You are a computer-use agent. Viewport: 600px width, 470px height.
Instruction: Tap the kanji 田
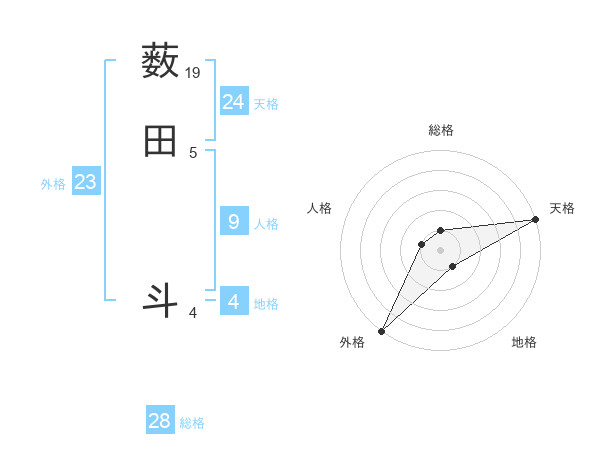click(161, 142)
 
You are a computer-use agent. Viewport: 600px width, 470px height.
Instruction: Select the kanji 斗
click(161, 301)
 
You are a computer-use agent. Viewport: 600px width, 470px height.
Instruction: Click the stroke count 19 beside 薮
click(194, 73)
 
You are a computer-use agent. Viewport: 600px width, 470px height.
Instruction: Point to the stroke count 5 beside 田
click(193, 153)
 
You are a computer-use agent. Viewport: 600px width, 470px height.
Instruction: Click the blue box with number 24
click(234, 102)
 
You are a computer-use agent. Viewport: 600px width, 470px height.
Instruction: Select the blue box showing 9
click(234, 222)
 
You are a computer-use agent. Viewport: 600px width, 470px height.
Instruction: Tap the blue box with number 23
click(86, 183)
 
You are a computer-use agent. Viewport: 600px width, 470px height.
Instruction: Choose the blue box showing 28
click(160, 422)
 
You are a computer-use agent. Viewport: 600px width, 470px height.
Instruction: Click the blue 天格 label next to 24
click(266, 104)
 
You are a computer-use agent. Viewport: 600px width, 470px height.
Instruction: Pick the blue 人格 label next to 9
click(266, 224)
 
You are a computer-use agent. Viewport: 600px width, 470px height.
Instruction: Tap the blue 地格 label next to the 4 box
click(266, 304)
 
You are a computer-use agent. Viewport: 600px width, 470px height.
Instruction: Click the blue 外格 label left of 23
click(53, 184)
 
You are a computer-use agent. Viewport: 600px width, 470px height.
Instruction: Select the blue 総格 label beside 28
click(192, 424)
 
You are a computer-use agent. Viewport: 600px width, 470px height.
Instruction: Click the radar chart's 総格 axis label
click(441, 130)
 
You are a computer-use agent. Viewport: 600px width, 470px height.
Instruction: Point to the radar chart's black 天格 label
click(563, 208)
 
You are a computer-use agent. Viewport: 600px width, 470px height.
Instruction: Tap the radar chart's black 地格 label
click(524, 343)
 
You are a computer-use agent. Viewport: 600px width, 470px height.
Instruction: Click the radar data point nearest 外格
click(381, 331)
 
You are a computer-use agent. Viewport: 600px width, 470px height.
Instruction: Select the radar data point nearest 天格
click(536, 220)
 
